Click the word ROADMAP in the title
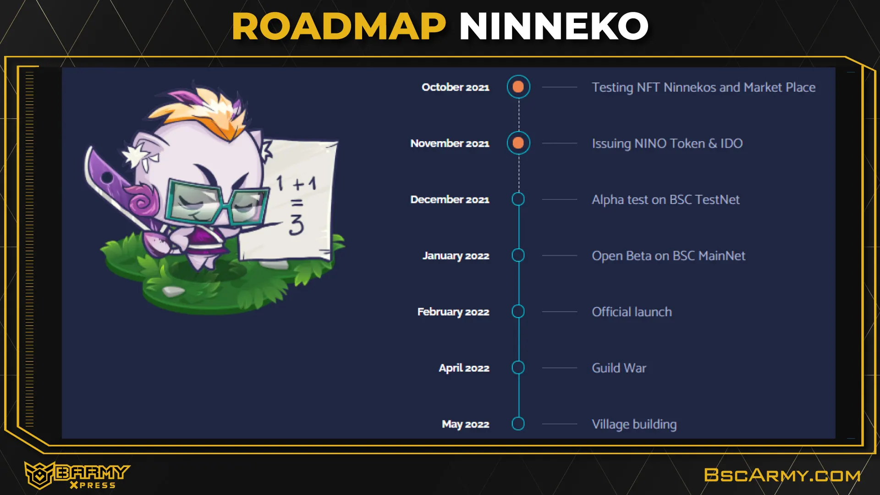tap(339, 27)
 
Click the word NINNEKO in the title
tap(554, 27)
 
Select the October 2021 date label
tap(455, 87)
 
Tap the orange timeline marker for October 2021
tap(518, 87)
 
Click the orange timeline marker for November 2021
tap(518, 143)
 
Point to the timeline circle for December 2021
tap(518, 199)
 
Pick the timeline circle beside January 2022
tap(518, 255)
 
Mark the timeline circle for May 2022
tap(518, 423)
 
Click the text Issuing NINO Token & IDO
tap(667, 143)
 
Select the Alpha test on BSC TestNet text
tap(665, 200)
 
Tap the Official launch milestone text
tap(632, 312)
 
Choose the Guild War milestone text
tap(619, 368)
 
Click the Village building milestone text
tap(634, 424)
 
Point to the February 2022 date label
tap(453, 312)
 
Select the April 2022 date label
tap(464, 368)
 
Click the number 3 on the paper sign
tap(297, 225)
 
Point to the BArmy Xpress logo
tap(77, 475)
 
